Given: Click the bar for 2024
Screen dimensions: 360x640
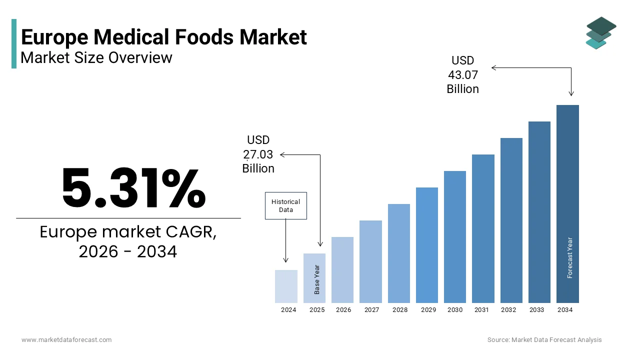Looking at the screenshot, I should (286, 286).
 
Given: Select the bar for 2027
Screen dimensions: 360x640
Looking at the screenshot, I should (370, 261).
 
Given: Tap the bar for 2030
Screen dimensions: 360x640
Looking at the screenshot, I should (454, 237).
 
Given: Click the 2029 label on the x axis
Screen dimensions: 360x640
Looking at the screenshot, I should (428, 310).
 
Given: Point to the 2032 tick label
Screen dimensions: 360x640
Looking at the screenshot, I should (508, 310).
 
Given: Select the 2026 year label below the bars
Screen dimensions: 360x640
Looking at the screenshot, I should (343, 310).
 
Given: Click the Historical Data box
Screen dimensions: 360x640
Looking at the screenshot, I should (285, 205).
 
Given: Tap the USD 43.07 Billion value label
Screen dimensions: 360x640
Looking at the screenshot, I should (462, 74).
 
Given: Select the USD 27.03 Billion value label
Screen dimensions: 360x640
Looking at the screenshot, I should (258, 154).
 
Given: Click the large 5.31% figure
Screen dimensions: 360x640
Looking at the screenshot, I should (133, 188).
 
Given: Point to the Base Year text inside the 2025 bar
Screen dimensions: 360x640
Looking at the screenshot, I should (317, 279).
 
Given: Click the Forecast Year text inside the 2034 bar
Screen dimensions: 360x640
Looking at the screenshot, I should (570, 257).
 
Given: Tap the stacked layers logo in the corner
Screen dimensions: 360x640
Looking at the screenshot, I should (600, 33).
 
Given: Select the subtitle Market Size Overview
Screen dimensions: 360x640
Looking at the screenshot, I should (96, 57).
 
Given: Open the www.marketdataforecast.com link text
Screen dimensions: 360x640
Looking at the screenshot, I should (66, 340).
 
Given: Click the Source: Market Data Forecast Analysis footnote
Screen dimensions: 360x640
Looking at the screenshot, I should (544, 340).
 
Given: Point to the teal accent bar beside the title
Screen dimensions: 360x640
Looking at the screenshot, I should (14, 43).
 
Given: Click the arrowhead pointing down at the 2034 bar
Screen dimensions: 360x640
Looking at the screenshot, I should (571, 93).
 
